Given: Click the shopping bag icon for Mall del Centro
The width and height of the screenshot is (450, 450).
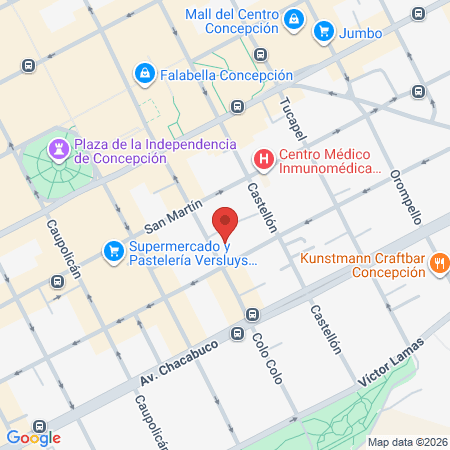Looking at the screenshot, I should pyautogui.click(x=293, y=19).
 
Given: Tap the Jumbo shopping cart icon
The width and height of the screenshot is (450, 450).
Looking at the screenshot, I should pyautogui.click(x=323, y=32).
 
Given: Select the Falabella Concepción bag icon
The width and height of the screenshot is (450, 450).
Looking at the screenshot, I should pyautogui.click(x=146, y=73).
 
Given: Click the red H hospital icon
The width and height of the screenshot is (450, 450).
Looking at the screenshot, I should pyautogui.click(x=263, y=159).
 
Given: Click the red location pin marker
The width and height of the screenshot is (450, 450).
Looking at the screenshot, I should pyautogui.click(x=226, y=223).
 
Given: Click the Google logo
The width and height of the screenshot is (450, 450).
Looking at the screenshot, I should pyautogui.click(x=33, y=437).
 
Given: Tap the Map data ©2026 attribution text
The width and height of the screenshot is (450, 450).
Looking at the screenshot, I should pyautogui.click(x=406, y=442).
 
